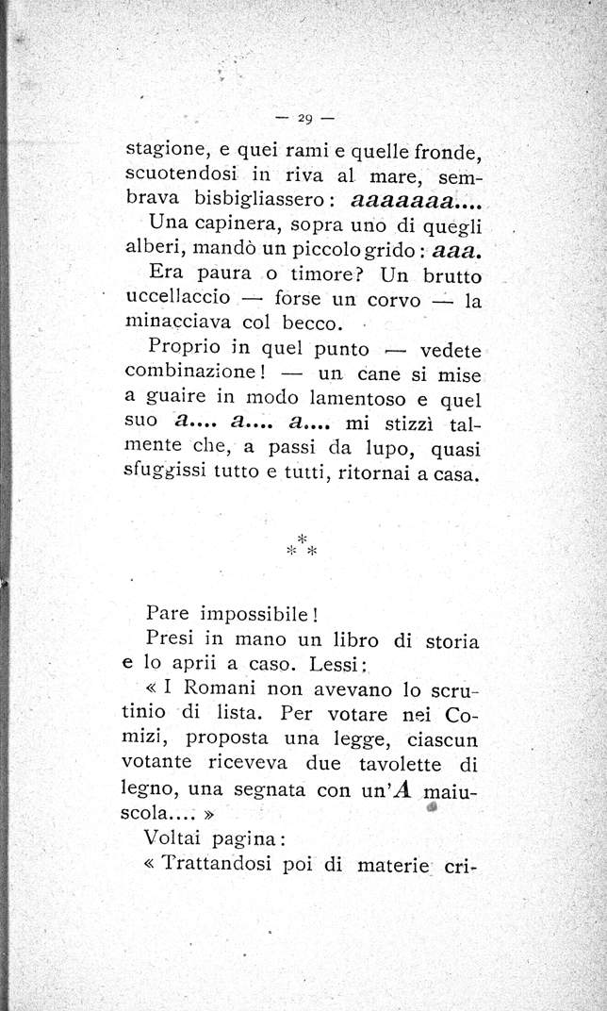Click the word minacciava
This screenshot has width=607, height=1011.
point(174,324)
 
